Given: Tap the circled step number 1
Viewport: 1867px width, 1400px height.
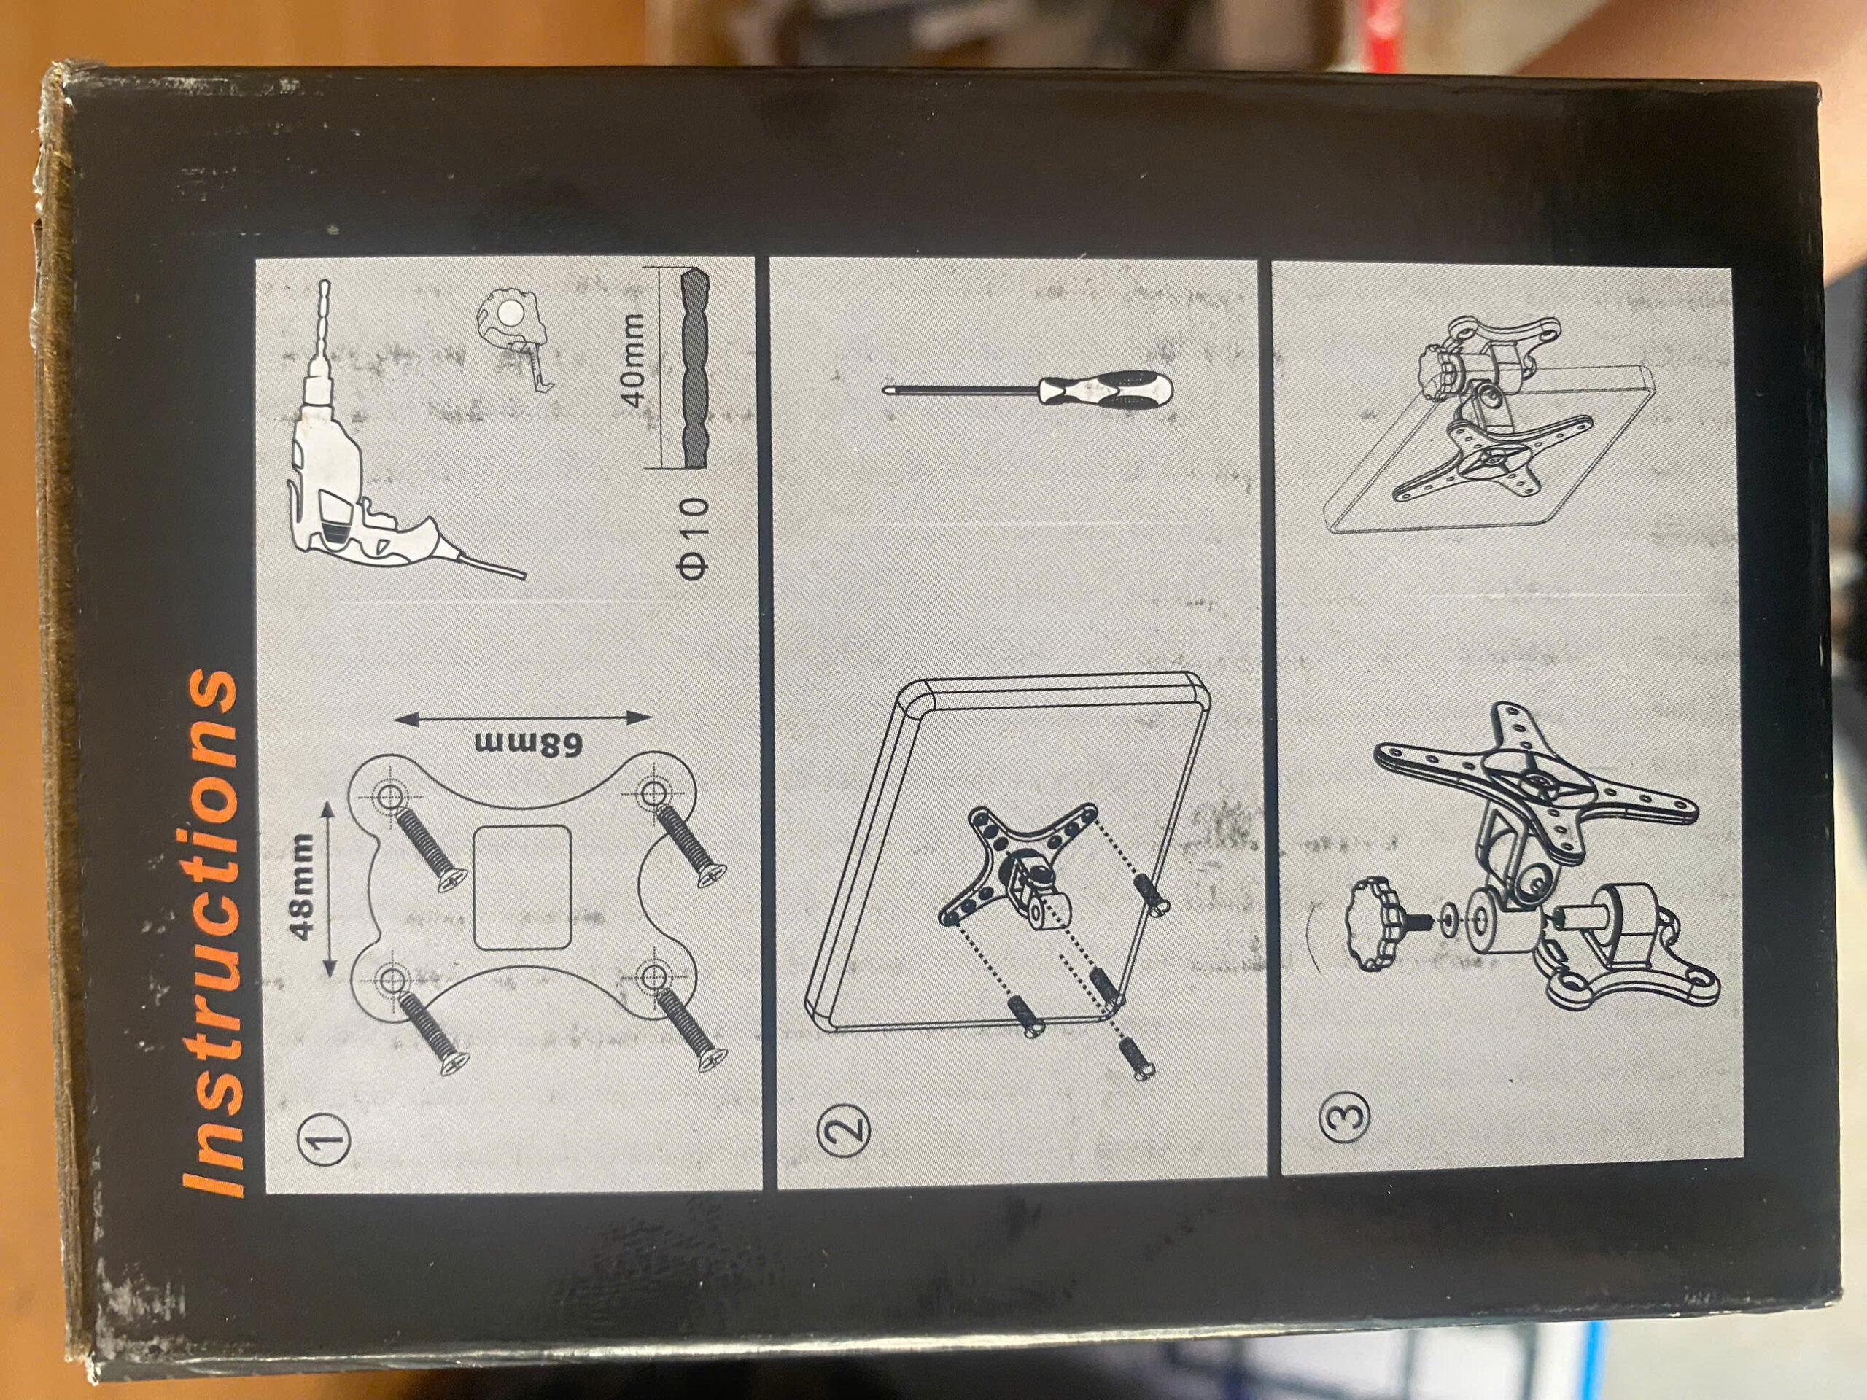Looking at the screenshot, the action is coord(326,1139).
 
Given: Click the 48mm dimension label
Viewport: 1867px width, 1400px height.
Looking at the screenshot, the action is coord(301,885).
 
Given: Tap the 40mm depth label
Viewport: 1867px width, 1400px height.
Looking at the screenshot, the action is coord(633,359).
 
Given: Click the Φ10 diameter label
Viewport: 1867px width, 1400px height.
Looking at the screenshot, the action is coord(694,537).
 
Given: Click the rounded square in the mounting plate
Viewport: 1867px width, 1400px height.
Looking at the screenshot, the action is coord(522,887).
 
